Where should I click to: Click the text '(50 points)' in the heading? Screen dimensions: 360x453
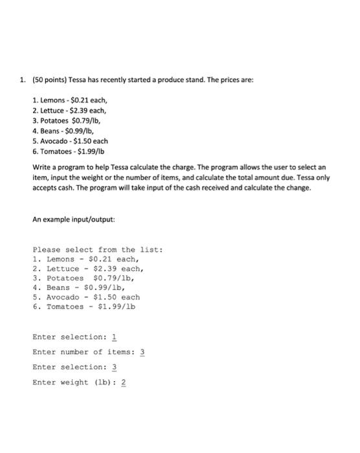(x=47, y=80)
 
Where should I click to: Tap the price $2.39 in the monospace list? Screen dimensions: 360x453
(x=108, y=268)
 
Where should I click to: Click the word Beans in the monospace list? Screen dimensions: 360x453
(x=58, y=287)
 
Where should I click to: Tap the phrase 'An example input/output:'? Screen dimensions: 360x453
(x=73, y=219)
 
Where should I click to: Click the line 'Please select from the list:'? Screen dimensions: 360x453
(x=97, y=249)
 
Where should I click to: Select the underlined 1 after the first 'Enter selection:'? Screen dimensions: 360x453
(x=115, y=337)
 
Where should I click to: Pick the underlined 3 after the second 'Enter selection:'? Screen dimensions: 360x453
(x=115, y=367)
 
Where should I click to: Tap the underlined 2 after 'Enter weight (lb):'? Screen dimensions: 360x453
(x=124, y=382)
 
